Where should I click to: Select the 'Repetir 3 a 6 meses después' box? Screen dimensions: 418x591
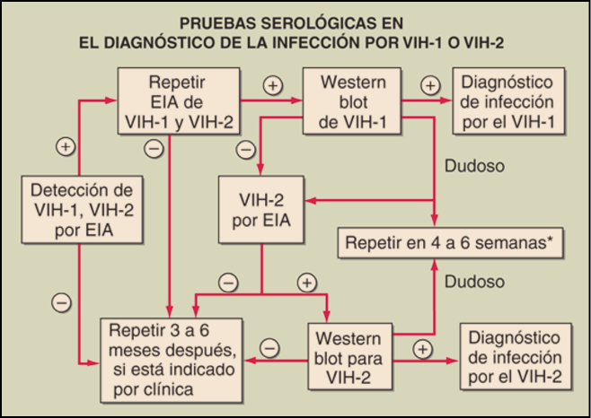[x=172, y=357]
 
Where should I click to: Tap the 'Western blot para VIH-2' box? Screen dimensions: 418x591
[x=351, y=357]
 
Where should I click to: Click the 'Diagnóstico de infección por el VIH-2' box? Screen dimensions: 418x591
[x=515, y=357]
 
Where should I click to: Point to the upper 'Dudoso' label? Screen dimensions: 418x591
[x=474, y=166]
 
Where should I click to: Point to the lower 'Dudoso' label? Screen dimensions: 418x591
[x=474, y=282]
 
